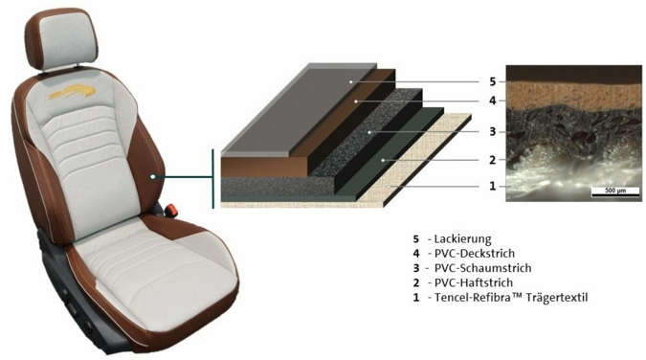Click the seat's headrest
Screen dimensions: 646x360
click(x=63, y=39)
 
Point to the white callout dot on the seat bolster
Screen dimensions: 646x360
click(x=153, y=176)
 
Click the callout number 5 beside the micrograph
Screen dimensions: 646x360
click(x=493, y=81)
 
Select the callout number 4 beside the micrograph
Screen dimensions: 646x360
click(x=493, y=101)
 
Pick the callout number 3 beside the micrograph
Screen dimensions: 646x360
click(x=493, y=132)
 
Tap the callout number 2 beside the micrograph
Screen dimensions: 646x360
click(x=493, y=160)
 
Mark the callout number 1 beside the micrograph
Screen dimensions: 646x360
click(x=493, y=186)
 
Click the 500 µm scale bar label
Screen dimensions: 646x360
click(x=615, y=191)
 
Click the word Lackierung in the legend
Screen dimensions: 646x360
click(x=462, y=239)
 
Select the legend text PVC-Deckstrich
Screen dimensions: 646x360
click(x=475, y=253)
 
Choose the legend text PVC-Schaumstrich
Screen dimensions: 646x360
click(x=483, y=268)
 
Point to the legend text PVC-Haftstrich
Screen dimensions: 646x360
click(x=474, y=282)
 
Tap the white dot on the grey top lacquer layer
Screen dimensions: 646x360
click(x=351, y=82)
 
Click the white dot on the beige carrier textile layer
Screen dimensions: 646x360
click(x=389, y=187)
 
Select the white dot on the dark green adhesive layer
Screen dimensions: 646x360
click(x=383, y=160)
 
